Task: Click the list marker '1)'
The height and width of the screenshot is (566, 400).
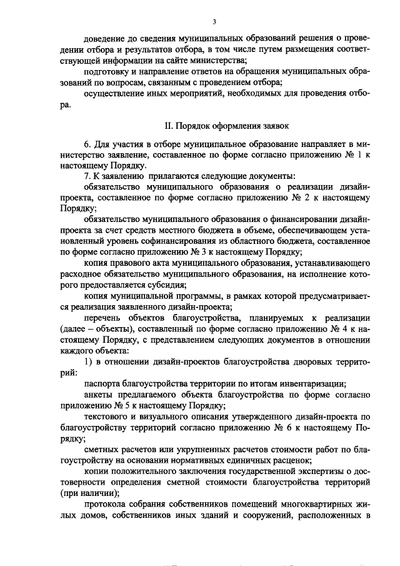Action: point(89,363)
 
